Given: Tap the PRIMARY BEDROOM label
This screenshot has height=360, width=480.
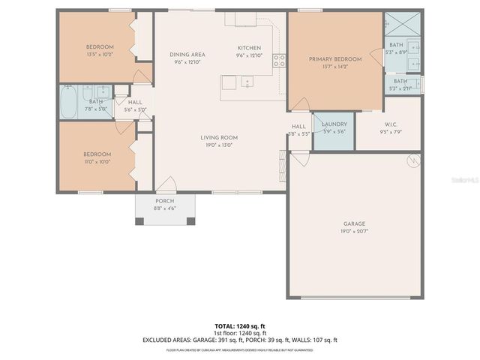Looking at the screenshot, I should [335, 59].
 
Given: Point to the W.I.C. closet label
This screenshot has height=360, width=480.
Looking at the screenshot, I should [390, 124].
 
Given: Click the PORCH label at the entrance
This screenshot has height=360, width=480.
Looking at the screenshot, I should [164, 201].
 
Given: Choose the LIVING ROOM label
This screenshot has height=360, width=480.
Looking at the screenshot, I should [219, 137].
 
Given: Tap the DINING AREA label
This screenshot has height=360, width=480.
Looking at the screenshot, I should [187, 55].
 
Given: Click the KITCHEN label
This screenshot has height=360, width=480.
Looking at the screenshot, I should [249, 47].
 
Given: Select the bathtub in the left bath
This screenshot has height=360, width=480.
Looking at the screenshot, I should [68, 102].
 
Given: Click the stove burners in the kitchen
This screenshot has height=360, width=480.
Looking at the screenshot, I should [279, 61].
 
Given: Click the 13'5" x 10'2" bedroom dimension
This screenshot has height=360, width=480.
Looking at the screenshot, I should [100, 55].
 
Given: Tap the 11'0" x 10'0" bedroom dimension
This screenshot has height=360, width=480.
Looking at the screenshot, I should [97, 161].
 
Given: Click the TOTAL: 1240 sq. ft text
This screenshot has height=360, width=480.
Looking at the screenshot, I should [240, 326].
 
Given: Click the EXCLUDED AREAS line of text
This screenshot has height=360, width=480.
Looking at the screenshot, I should [240, 340].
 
